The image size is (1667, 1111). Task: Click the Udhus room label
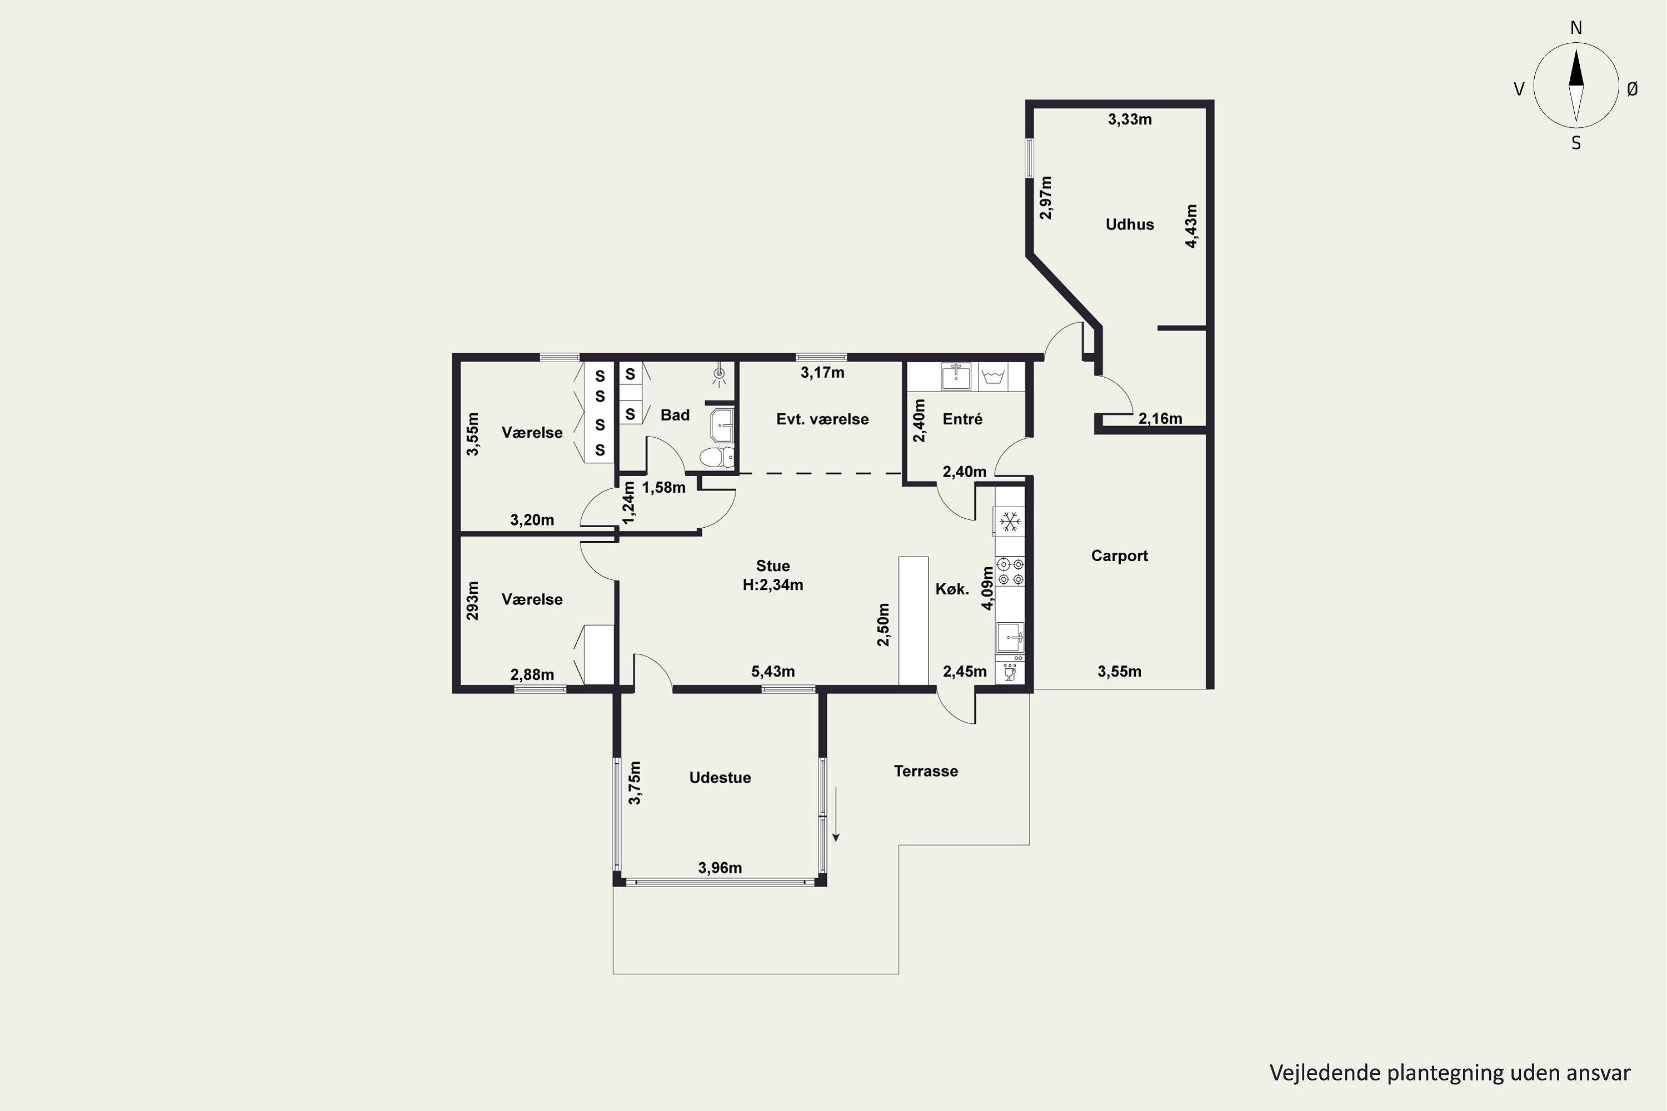[1130, 224]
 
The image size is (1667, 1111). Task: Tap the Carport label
[1119, 555]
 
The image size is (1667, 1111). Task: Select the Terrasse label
[926, 771]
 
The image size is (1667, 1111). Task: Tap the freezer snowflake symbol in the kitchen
[1009, 523]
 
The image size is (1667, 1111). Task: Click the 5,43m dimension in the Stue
[772, 671]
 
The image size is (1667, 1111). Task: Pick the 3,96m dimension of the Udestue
[720, 868]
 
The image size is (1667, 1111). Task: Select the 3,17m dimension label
[822, 373]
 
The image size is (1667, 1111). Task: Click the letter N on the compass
[1576, 28]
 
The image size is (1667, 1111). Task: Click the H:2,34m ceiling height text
[772, 585]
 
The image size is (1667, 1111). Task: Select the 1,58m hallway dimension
[663, 488]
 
